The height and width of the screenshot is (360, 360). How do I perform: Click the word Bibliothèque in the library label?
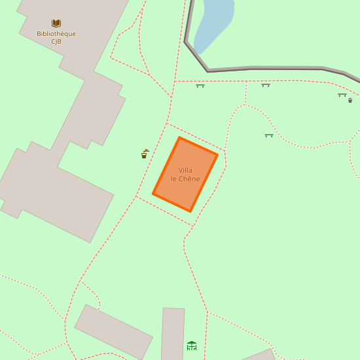click(x=56, y=34)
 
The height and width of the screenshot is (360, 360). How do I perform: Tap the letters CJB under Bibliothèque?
click(x=56, y=42)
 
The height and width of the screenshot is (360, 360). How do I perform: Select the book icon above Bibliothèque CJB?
click(x=56, y=24)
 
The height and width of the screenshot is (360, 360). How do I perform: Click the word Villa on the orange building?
click(x=185, y=170)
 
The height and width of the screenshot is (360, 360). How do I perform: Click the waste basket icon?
click(x=350, y=100)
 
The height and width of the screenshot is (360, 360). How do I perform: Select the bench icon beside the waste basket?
click(x=342, y=95)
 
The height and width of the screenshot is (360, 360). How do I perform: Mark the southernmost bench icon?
click(x=268, y=135)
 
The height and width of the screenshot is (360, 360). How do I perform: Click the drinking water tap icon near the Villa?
click(x=145, y=154)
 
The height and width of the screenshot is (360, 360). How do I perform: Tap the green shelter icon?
click(x=192, y=346)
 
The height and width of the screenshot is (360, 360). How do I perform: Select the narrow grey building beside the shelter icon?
click(x=173, y=334)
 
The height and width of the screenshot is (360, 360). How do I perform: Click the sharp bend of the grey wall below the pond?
click(x=208, y=71)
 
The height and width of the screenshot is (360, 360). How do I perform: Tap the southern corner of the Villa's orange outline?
click(x=190, y=211)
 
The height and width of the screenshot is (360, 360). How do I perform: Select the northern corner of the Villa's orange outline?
click(x=179, y=137)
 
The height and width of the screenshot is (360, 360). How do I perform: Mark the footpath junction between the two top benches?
click(x=246, y=82)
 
